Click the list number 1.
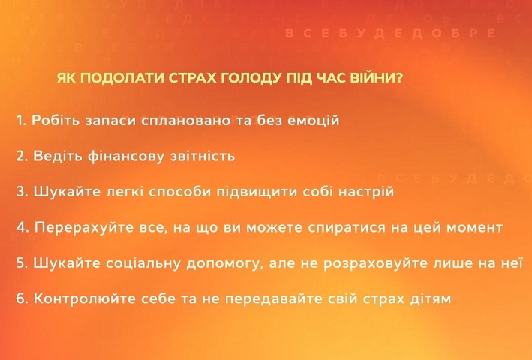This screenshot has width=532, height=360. point(20,121)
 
